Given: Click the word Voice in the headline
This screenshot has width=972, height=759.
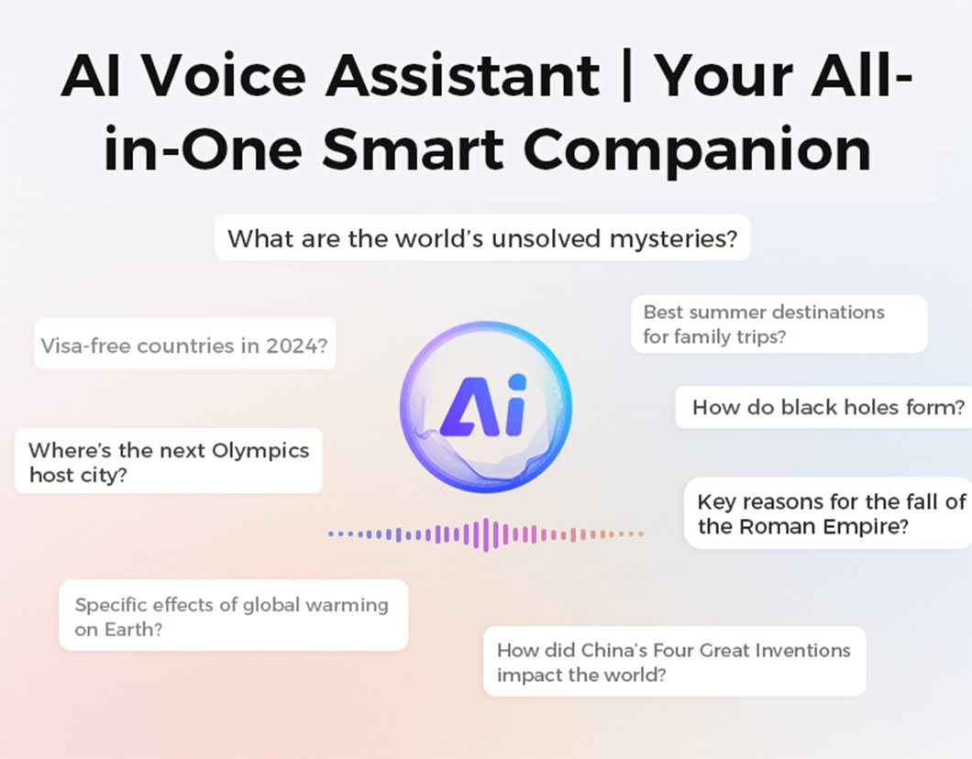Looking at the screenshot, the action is coord(224,75).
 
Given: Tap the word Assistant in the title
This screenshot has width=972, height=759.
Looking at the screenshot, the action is coord(463,75).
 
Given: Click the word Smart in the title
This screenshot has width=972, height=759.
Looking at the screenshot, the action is coord(413,149).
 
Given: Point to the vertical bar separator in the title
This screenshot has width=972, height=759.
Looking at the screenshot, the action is coord(626,75).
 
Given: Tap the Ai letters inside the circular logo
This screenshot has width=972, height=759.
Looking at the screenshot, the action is coord(484,406).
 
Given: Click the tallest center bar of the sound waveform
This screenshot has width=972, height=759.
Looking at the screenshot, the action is coord(486,534).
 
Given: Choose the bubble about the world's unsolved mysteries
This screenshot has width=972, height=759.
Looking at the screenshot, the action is coord(482,237).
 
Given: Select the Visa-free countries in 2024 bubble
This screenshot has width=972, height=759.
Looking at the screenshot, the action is coord(184,344).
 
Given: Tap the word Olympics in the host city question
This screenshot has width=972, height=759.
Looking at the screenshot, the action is coord(260,451).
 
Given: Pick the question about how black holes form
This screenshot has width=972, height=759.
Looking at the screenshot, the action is coord(823,407).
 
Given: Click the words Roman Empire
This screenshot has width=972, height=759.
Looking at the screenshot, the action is coord(823,527).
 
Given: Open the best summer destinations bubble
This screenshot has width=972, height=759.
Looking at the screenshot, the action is coord(779,324).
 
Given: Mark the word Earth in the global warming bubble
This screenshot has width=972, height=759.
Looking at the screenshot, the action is coord(133,630).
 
